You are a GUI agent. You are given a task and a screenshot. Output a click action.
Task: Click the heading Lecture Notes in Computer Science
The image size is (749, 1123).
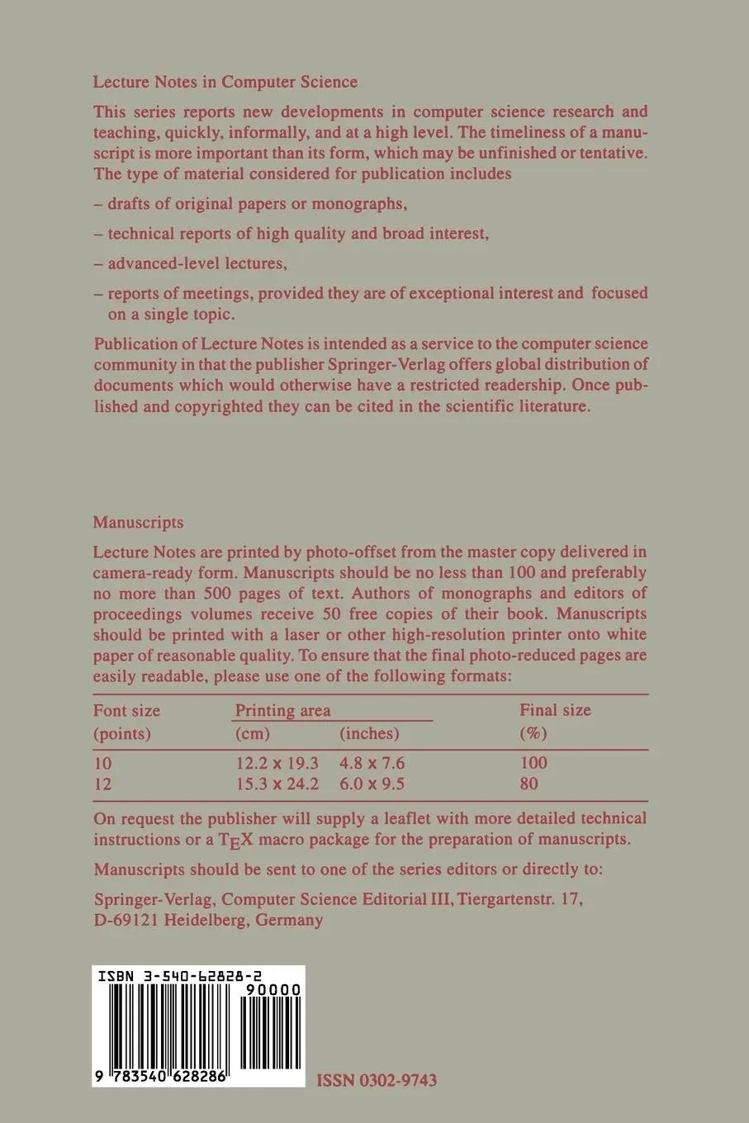click(x=225, y=82)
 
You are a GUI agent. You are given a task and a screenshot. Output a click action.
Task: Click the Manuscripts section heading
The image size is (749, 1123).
click(x=138, y=523)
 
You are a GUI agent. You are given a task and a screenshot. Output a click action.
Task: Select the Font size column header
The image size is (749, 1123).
click(x=126, y=710)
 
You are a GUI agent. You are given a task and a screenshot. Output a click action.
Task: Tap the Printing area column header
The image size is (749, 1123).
click(x=282, y=710)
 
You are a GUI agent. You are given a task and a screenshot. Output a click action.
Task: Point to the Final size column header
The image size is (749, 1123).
click(x=555, y=710)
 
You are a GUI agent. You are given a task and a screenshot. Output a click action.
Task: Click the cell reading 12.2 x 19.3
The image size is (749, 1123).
click(x=277, y=763)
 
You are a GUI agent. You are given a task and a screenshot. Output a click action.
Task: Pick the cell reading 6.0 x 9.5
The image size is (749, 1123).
click(x=372, y=784)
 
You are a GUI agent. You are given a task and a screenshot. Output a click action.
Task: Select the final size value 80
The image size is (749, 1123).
click(x=529, y=784)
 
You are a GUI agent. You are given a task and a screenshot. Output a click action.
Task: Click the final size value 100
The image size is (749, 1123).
click(x=533, y=763)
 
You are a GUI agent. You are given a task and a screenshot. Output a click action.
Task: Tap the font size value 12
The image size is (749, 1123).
click(x=102, y=784)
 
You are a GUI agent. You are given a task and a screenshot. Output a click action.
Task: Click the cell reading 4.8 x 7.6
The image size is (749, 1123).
click(x=372, y=763)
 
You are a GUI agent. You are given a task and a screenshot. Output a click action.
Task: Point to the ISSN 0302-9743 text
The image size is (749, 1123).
click(x=377, y=1080)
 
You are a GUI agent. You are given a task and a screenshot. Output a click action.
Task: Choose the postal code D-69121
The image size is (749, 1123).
click(x=128, y=920)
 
